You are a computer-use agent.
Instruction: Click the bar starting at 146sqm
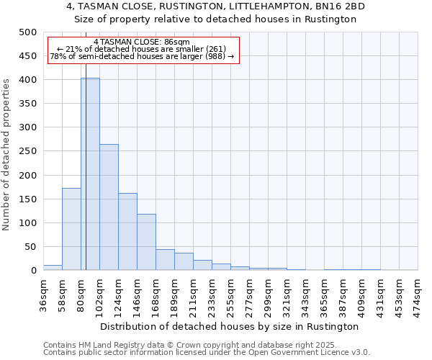click(146, 242)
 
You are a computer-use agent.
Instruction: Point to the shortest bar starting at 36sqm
click(53, 267)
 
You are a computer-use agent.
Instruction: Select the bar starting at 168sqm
click(165, 260)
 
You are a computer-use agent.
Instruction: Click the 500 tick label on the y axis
click(27, 32)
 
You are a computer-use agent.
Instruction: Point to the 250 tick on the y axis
click(27, 151)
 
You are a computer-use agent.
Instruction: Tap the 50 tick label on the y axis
click(30, 247)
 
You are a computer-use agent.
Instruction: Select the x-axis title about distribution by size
click(230, 326)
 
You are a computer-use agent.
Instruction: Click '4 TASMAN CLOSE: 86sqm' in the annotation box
click(142, 42)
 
